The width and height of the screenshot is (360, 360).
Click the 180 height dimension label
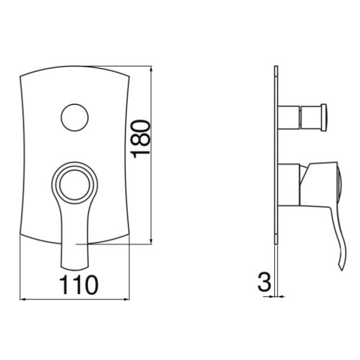[140, 139]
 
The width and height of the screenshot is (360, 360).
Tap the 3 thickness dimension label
[264, 282]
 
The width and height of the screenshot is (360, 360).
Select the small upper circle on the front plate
[74, 118]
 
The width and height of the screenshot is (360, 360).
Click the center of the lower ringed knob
[74, 185]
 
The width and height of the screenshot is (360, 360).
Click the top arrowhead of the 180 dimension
[151, 68]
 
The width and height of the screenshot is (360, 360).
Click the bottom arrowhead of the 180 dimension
[151, 242]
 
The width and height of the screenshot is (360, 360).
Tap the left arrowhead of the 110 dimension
[23, 299]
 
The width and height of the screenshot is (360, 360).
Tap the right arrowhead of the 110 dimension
[127, 299]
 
